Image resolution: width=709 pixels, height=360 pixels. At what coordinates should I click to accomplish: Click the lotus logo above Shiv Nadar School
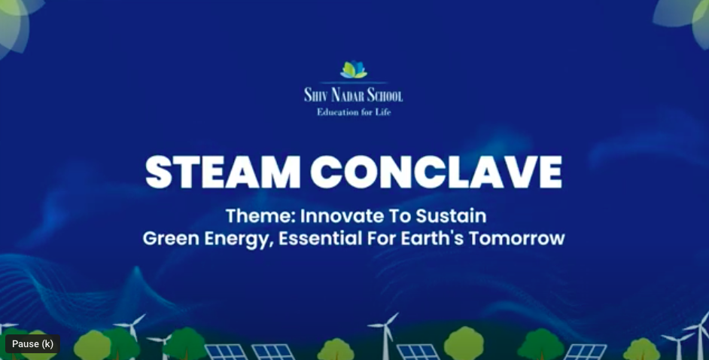pos(354,69)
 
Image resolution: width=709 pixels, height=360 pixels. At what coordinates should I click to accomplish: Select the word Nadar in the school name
pos(347,95)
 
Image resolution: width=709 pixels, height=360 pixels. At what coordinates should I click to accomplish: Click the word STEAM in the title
pos(223,172)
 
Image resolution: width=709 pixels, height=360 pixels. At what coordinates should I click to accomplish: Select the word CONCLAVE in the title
pos(437,172)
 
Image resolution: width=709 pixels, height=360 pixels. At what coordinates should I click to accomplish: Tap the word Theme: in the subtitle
pos(260,216)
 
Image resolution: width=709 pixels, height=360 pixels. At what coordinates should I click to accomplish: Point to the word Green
pos(171,239)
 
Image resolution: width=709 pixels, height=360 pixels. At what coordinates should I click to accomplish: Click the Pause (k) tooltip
pos(32,343)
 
